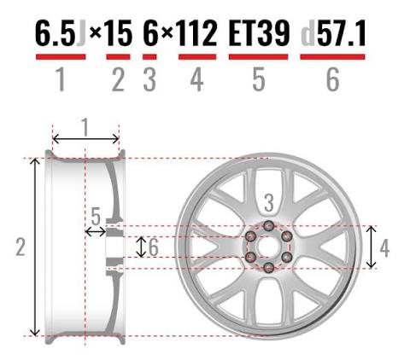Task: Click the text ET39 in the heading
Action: pos(259,33)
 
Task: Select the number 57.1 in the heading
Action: pos(342,33)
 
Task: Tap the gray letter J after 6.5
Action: pos(81,33)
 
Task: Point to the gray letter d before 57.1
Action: pos(308,33)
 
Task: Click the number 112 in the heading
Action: pos(197,33)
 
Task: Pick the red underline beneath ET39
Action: pos(259,57)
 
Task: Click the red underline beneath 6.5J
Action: pos(61,57)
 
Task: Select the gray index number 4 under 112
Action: pos(197,80)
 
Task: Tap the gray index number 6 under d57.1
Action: pos(333,80)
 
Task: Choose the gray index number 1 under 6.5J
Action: pos(61,80)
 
